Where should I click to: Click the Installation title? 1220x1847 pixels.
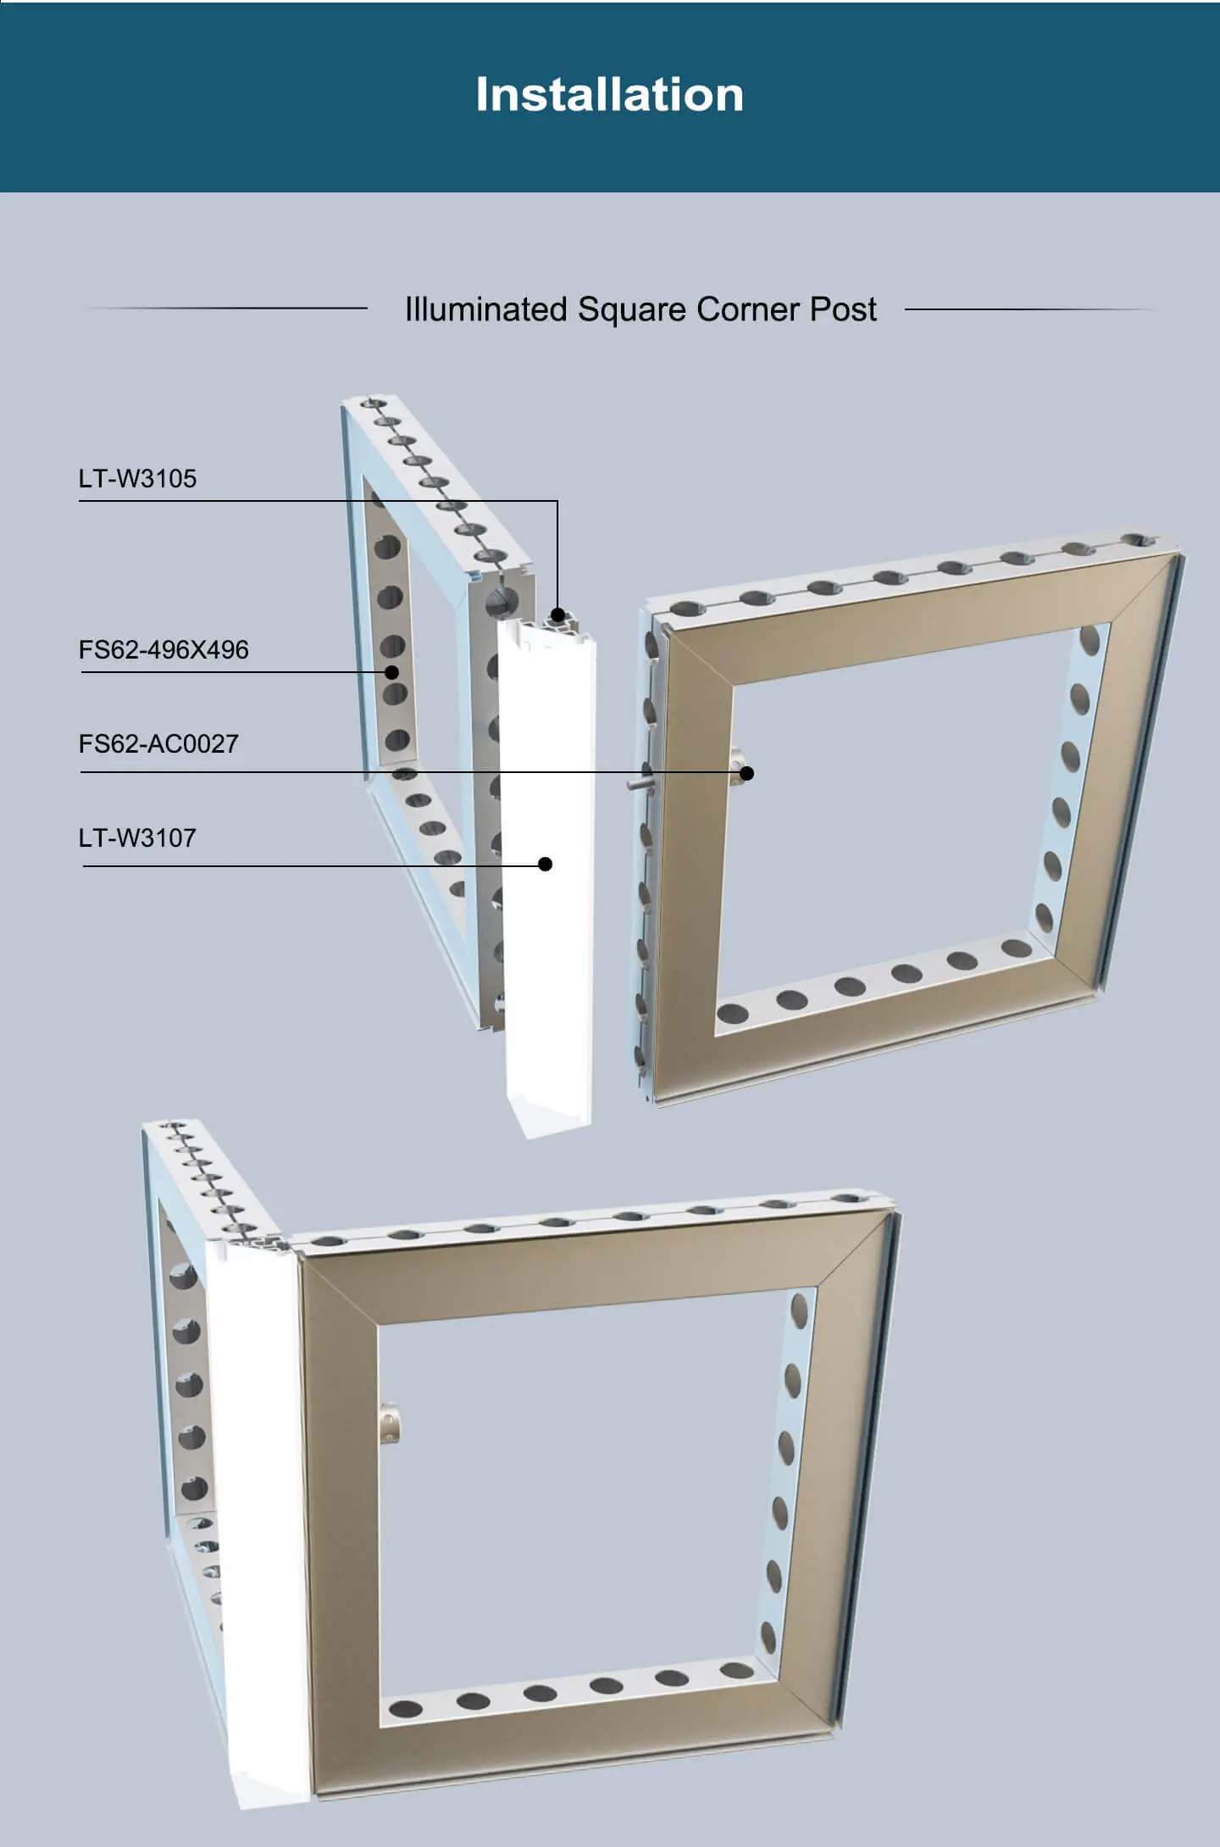point(610,94)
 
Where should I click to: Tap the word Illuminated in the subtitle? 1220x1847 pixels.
point(486,309)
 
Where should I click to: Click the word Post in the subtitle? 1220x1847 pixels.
point(843,309)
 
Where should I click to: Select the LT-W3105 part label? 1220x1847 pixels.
point(137,478)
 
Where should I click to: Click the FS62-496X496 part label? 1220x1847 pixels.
point(164,650)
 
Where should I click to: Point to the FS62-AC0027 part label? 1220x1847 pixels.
point(158,744)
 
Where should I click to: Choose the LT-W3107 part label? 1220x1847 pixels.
point(137,838)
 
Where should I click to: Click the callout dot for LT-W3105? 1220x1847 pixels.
point(557,615)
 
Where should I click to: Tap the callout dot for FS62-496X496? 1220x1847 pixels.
point(391,672)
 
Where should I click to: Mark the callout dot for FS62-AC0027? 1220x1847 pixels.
point(746,772)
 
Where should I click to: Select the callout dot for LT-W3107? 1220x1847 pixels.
point(546,864)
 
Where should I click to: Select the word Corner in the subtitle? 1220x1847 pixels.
point(748,309)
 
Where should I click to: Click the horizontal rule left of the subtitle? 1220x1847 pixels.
point(225,308)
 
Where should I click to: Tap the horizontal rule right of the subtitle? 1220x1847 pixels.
point(1030,309)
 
